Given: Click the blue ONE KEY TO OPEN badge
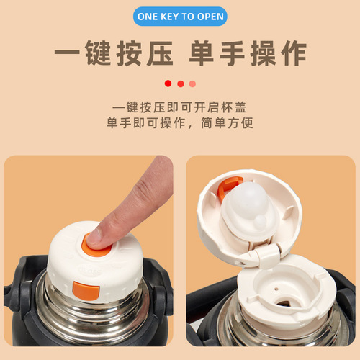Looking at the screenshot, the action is tap(180, 17).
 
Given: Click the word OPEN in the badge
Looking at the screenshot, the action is tap(210, 17).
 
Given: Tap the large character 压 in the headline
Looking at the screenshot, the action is tap(160, 53).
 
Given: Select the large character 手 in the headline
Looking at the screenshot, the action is tap(233, 53).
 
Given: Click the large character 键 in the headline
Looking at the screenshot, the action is tap(98, 53).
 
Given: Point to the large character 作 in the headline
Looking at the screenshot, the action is tap(294, 53).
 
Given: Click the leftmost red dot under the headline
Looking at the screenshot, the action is tap(168, 84).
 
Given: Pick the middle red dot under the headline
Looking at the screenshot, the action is tap(181, 84).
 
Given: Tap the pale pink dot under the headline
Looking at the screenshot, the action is tap(192, 84).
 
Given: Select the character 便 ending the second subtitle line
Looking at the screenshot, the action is tap(247, 122).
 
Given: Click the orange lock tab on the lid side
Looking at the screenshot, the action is tap(86, 291).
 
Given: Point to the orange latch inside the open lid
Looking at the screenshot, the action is tap(228, 187).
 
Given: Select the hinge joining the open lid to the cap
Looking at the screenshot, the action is tap(266, 254).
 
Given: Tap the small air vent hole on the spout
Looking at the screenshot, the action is tap(276, 289).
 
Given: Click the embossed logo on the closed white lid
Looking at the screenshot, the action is tap(90, 271).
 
